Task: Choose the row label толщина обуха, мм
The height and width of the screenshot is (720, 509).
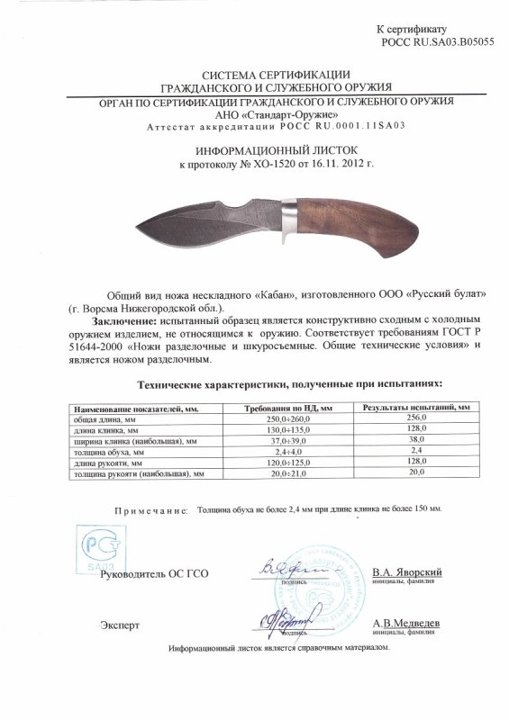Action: tap(101, 452)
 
